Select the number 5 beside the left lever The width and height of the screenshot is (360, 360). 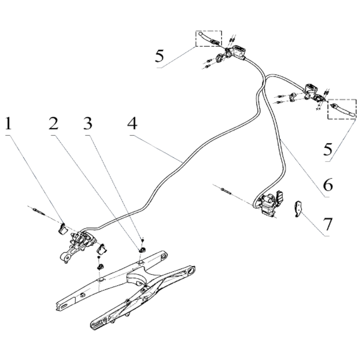160,56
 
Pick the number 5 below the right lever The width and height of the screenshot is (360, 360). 328,149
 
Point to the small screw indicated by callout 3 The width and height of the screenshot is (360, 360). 143,240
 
